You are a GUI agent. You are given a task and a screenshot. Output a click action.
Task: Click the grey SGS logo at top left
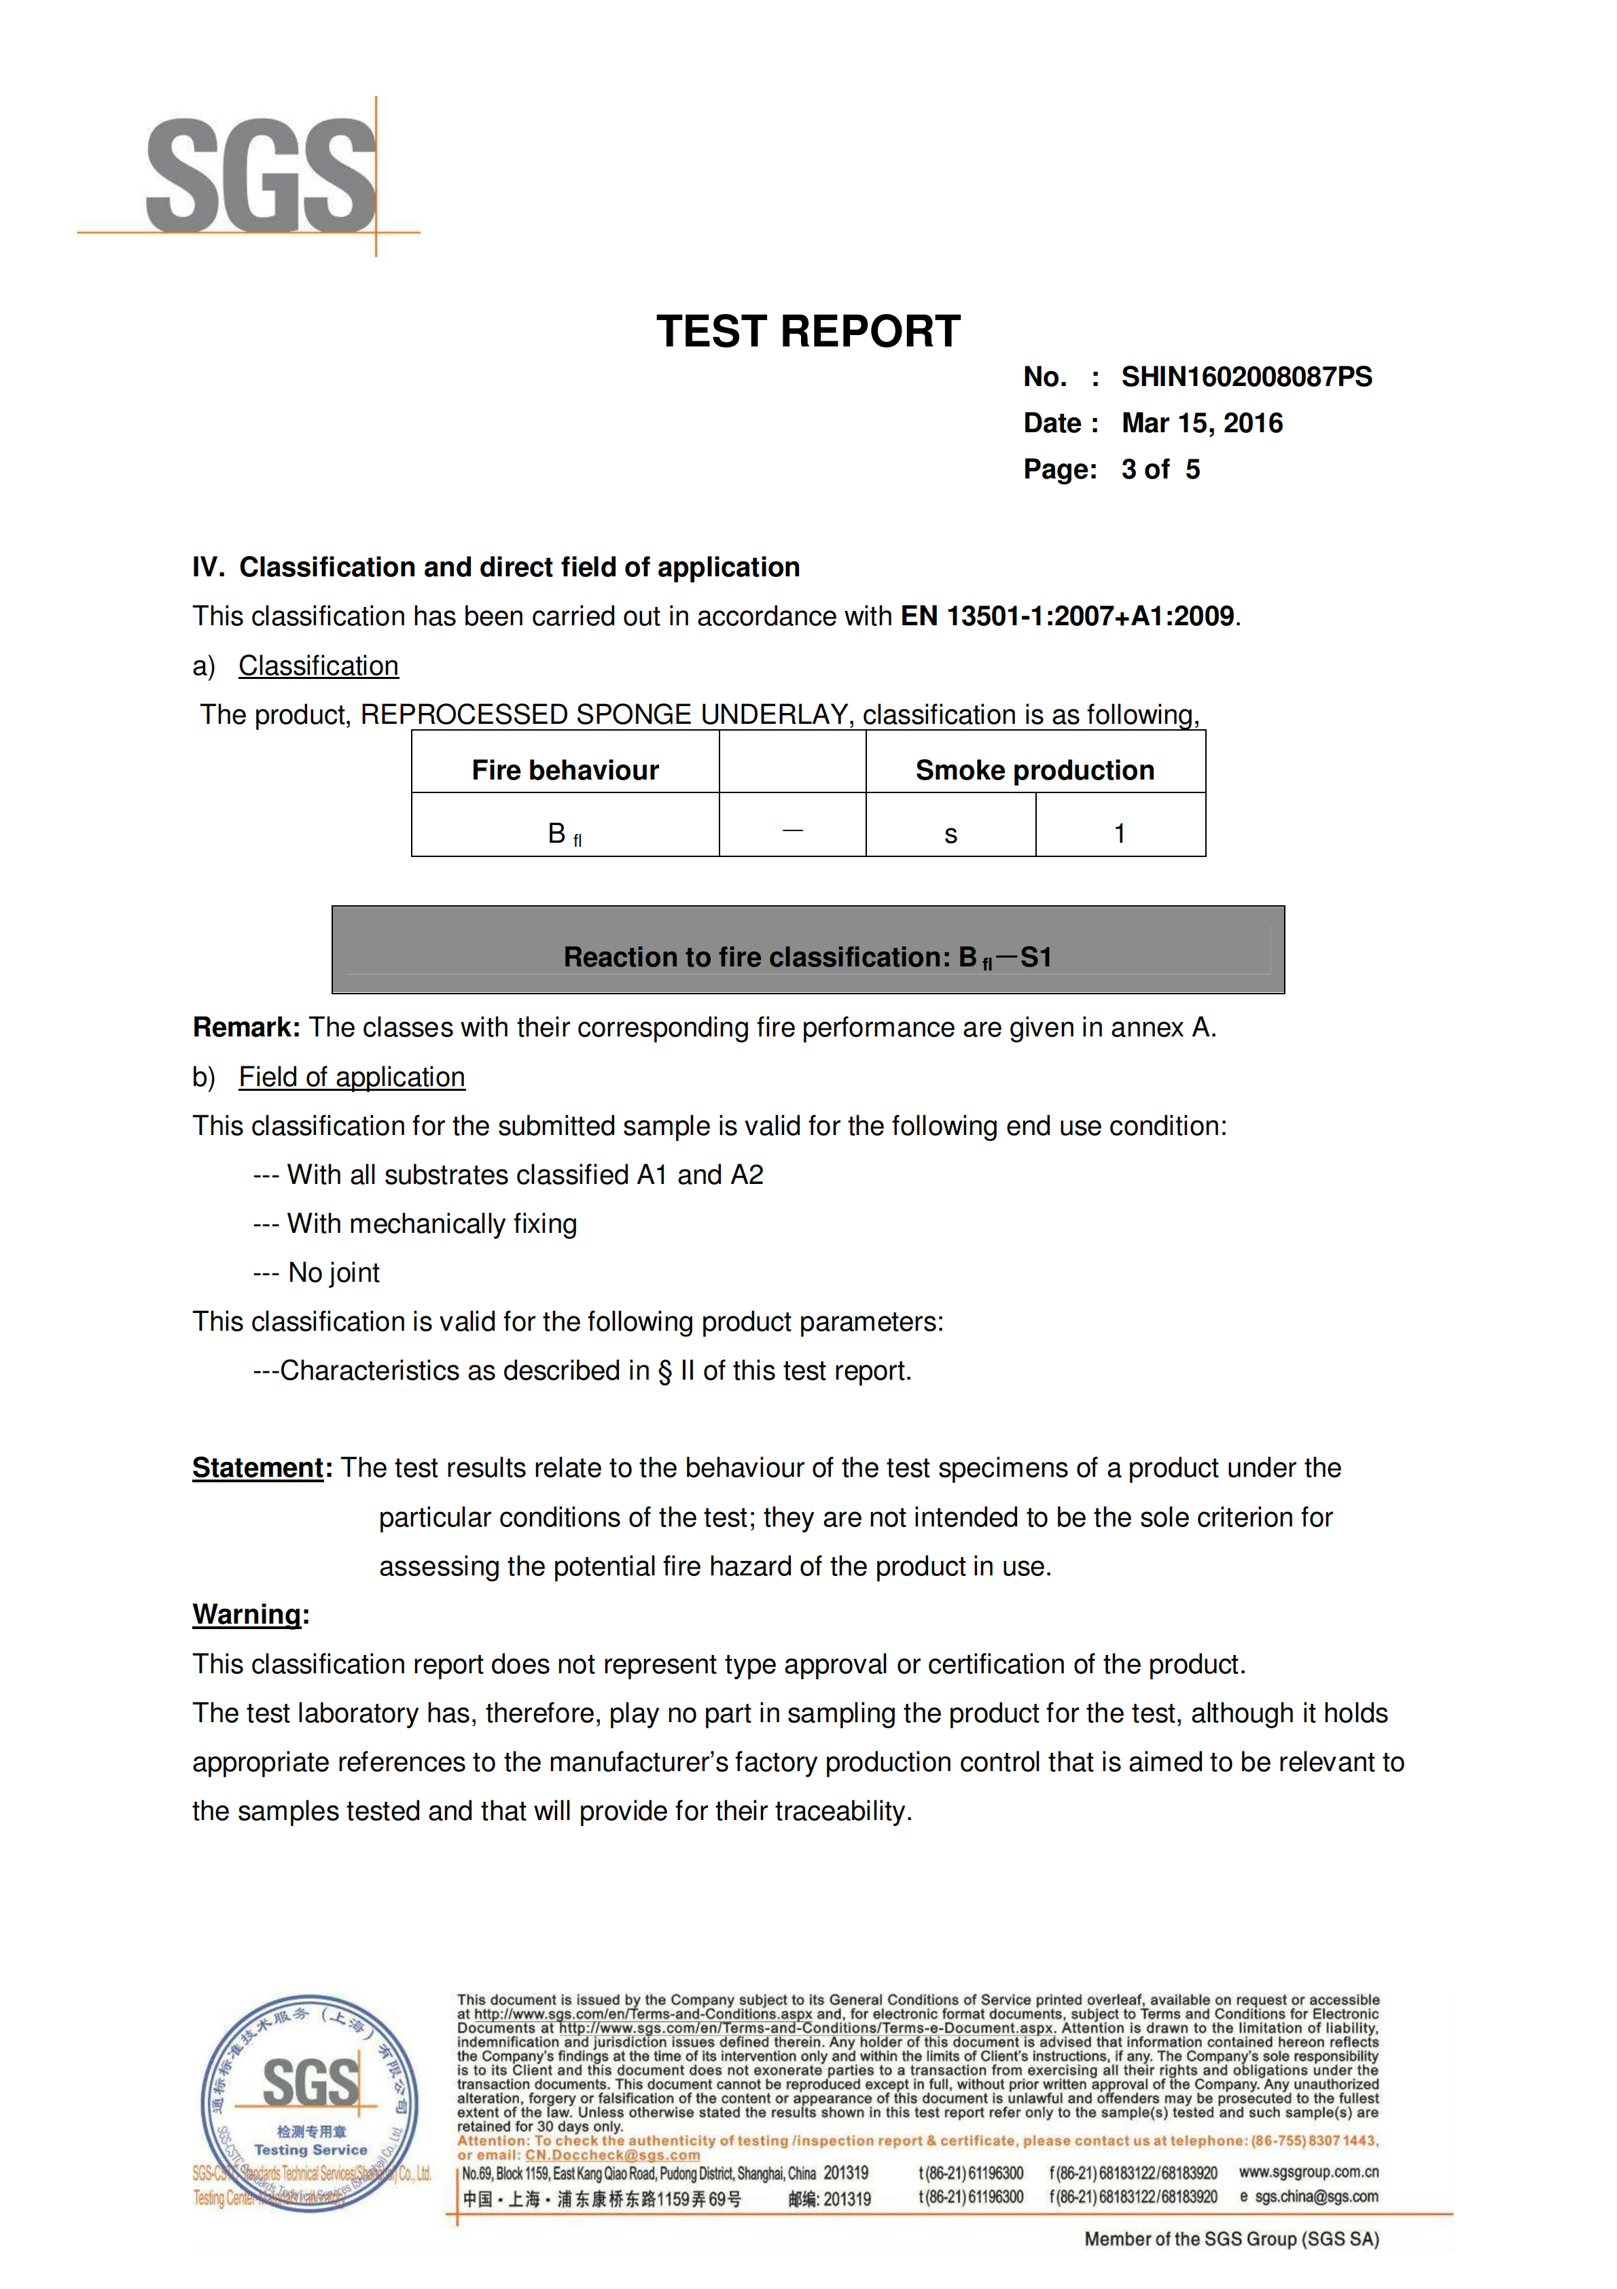[261, 175]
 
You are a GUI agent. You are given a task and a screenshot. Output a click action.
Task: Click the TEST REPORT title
[808, 332]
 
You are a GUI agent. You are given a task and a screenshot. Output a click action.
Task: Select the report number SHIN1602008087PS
[1245, 377]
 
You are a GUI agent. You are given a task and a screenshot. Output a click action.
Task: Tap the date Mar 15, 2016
[1201, 423]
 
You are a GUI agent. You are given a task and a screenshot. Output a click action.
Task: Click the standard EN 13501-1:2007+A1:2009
[1067, 616]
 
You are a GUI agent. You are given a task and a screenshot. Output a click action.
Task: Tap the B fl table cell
[565, 833]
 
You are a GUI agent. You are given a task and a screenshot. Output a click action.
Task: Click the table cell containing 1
[1120, 833]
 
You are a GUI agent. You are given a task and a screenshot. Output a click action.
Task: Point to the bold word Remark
[245, 1028]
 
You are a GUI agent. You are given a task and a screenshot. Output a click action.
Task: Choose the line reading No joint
[333, 1273]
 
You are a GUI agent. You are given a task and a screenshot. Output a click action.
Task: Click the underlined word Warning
[246, 1614]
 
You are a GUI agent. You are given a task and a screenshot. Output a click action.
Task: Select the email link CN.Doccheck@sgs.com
[612, 2154]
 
